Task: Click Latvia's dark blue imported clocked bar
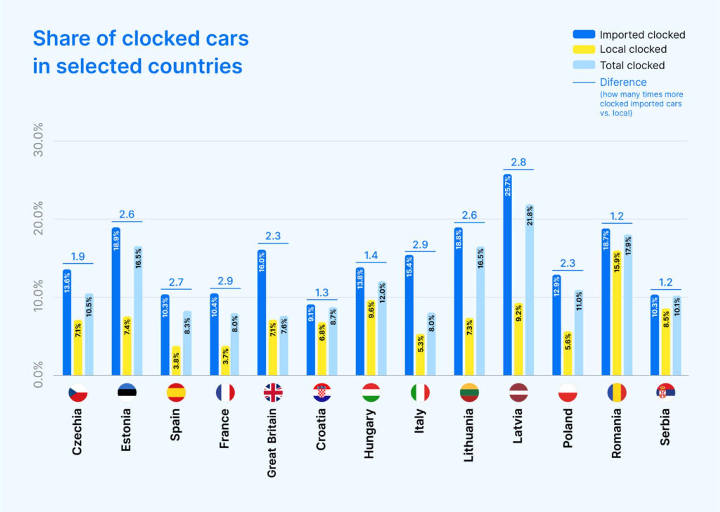(x=507, y=274)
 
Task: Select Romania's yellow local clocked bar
(x=617, y=313)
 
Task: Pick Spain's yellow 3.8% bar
(x=176, y=360)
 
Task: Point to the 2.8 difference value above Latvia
(x=518, y=162)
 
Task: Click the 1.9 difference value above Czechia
(x=78, y=256)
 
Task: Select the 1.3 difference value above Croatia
(x=321, y=293)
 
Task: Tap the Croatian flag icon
(x=322, y=392)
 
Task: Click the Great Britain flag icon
(x=273, y=392)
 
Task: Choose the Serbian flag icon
(x=666, y=392)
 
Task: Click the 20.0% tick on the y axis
(x=38, y=218)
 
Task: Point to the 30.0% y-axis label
(x=38, y=140)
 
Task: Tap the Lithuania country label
(x=469, y=435)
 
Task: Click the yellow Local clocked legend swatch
(x=584, y=50)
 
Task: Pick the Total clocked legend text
(x=632, y=65)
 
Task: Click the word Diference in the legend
(x=623, y=82)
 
